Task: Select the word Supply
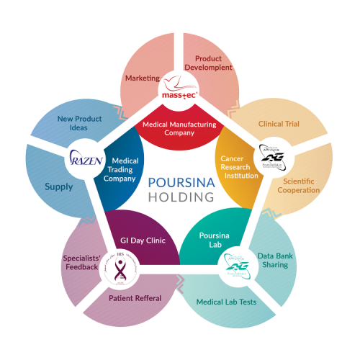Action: (59, 187)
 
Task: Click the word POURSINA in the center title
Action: (182, 182)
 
